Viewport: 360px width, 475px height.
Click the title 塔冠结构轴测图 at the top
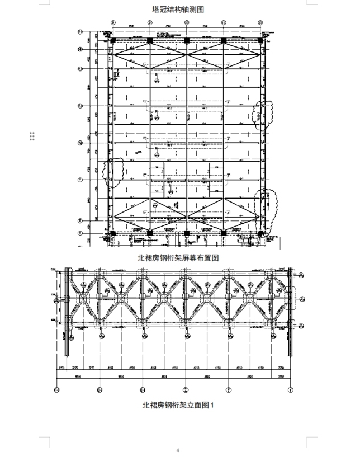point(178,10)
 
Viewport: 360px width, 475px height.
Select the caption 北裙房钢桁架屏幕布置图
point(178,257)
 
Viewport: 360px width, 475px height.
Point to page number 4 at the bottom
point(178,450)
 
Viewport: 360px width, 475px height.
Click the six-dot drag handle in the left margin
point(32,136)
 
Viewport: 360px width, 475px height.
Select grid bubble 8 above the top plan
point(113,22)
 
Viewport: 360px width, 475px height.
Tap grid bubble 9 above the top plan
point(150,22)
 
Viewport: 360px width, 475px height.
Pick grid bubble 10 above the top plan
point(187,22)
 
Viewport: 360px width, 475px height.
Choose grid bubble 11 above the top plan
point(224,22)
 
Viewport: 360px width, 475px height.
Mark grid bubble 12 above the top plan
point(260,22)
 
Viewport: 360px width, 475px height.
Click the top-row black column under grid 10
point(187,41)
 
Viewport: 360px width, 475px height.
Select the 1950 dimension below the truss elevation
point(62,368)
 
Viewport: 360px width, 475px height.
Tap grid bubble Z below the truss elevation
point(186,389)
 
